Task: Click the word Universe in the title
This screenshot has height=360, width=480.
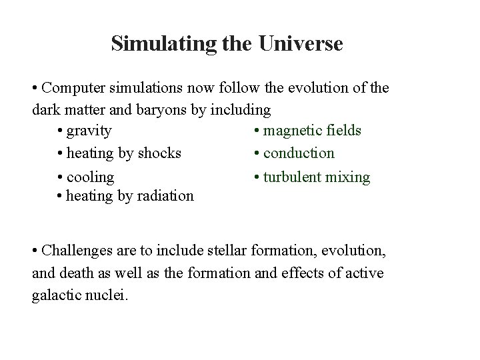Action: (302, 44)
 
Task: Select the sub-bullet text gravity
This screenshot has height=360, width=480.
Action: (89, 129)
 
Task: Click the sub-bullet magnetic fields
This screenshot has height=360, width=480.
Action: (312, 129)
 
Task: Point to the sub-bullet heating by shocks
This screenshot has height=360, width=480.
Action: (124, 153)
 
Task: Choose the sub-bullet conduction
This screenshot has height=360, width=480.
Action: (299, 153)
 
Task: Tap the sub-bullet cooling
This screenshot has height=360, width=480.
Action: (91, 177)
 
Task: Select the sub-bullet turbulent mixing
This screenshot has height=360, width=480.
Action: (316, 177)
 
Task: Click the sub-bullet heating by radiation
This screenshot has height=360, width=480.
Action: (131, 196)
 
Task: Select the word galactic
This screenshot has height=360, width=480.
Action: (55, 295)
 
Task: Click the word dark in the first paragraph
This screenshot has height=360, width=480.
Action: (45, 109)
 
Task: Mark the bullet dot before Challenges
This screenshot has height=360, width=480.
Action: (35, 251)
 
